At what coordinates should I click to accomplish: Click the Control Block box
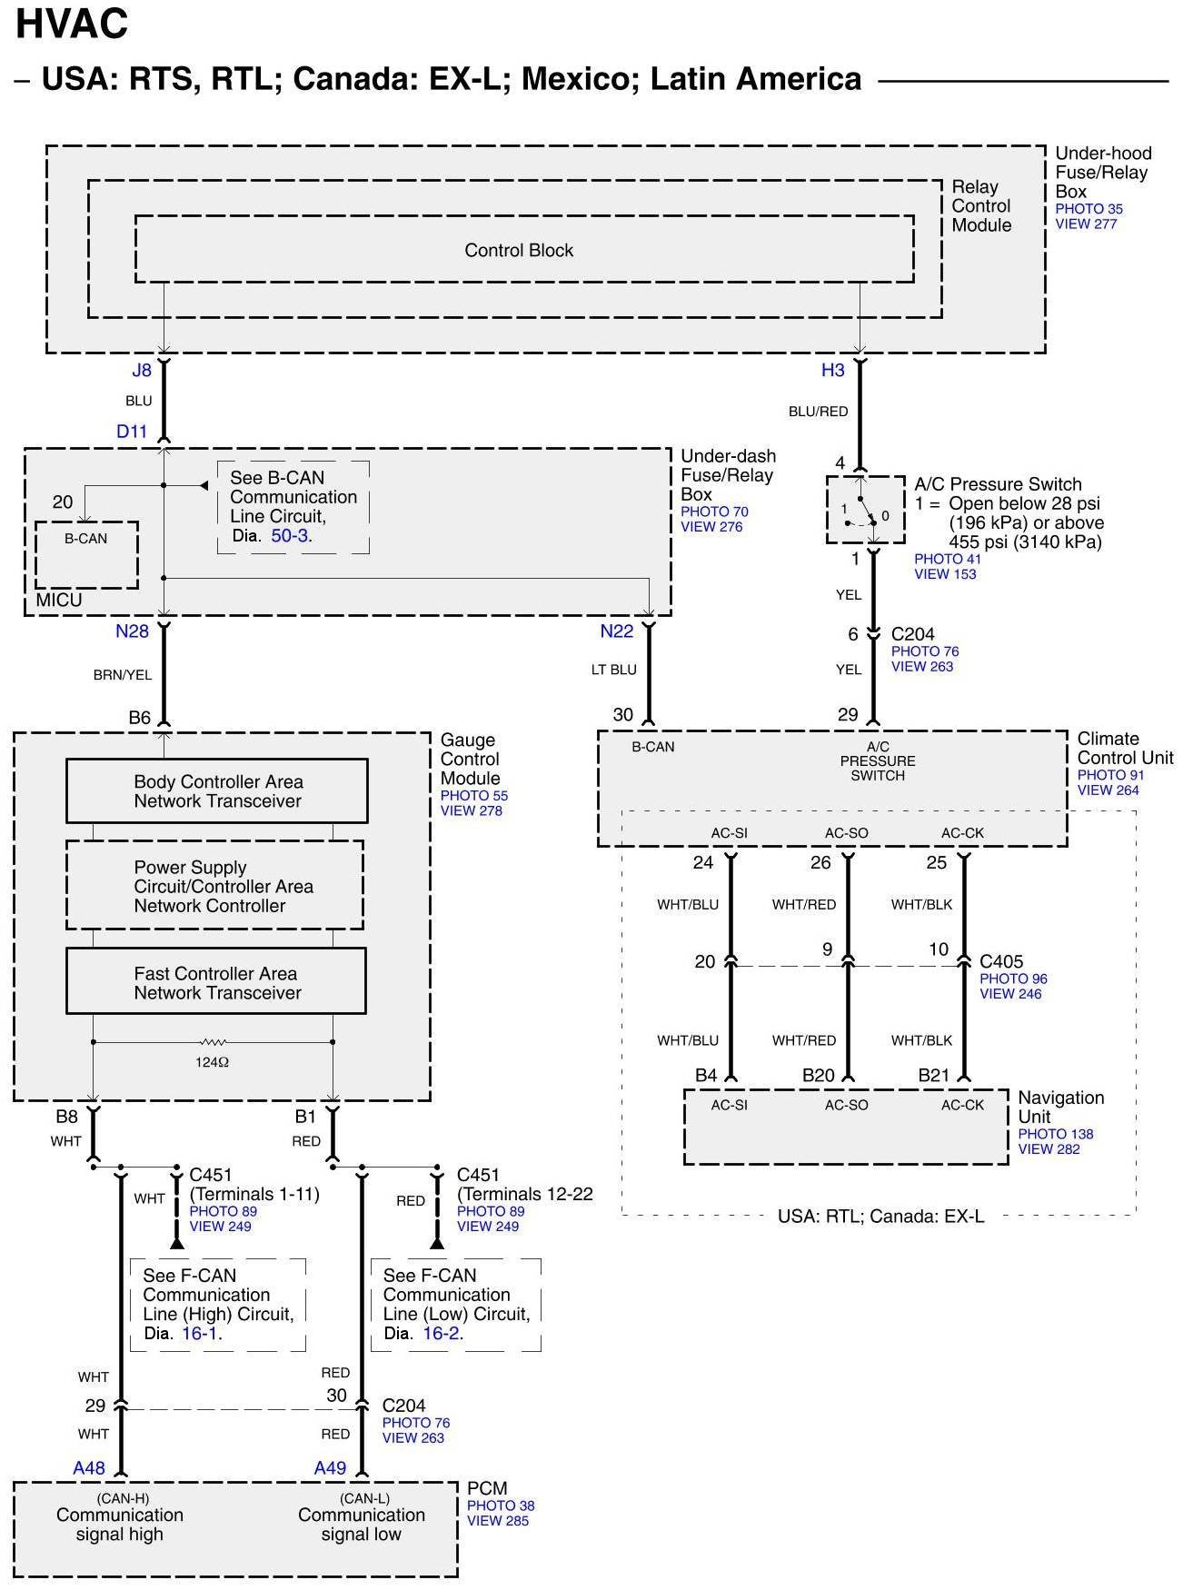524,249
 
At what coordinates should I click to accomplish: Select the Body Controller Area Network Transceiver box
217,791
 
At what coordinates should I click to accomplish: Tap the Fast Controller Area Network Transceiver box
216,981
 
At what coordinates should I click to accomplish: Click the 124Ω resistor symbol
213,1042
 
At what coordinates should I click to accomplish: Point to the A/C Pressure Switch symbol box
865,510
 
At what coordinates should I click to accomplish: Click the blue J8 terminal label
142,371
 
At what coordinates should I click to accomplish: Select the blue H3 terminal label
833,370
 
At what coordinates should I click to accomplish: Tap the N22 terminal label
617,631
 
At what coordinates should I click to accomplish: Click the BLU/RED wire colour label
818,412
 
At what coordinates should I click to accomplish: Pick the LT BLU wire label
614,670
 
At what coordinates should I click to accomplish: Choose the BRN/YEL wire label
123,675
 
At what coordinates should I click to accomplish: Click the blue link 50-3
290,536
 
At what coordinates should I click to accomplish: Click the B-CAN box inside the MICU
86,555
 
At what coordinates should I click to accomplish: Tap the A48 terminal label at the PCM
89,1468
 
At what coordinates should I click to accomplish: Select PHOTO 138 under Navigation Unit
1056,1134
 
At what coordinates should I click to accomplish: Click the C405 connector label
1001,961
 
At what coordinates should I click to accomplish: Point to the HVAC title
72,25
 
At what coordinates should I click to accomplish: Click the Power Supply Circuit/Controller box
214,885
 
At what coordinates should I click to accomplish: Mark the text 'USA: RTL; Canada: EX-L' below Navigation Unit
880,1216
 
